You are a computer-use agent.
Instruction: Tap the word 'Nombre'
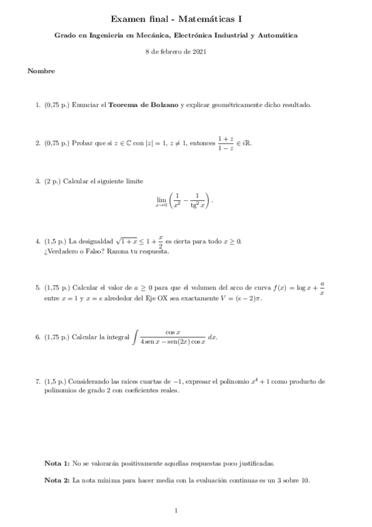pos(41,71)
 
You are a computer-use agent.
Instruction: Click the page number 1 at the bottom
pos(176,511)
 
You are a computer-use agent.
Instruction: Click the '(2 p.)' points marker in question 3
pos(53,181)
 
